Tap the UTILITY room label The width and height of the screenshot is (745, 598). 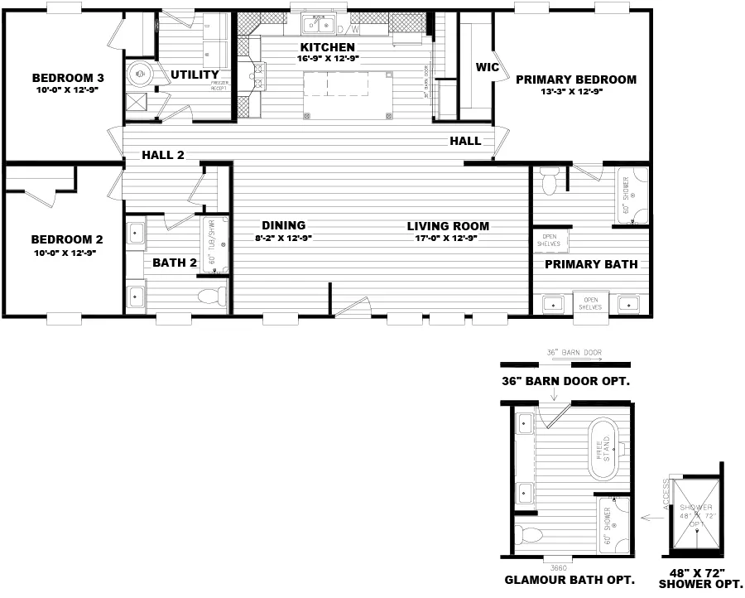195,75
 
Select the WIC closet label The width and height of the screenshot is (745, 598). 488,67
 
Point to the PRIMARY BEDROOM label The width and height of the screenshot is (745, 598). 575,80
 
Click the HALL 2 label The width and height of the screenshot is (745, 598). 163,154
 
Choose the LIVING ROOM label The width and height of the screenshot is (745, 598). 448,226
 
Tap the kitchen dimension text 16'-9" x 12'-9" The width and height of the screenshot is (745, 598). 327,59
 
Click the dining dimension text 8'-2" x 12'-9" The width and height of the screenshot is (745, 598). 284,237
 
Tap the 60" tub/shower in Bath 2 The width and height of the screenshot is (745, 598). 214,244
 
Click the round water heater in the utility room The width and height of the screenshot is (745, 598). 140,75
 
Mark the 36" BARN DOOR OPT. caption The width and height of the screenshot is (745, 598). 566,382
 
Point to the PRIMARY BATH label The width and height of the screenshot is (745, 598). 591,264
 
